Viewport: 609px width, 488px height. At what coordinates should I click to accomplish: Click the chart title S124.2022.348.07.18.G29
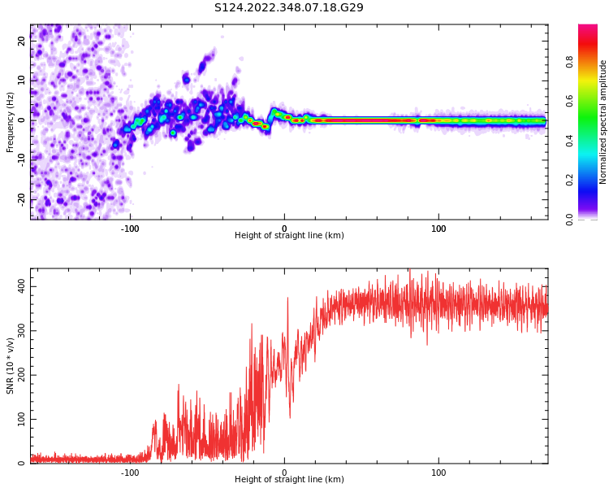(289, 8)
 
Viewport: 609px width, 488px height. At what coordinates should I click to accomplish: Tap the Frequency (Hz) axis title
(11, 122)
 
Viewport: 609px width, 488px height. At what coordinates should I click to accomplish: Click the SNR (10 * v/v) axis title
(11, 366)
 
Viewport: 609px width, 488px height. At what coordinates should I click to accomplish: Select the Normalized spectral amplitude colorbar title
(603, 122)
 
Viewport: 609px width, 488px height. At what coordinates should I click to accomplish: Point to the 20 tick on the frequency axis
(22, 41)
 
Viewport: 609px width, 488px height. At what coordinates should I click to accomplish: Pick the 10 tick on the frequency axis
(22, 81)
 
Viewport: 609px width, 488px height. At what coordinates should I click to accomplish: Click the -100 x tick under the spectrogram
(130, 228)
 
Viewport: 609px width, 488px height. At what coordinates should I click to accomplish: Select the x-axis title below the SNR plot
(289, 480)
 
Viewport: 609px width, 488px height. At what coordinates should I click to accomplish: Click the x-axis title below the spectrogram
(289, 236)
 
